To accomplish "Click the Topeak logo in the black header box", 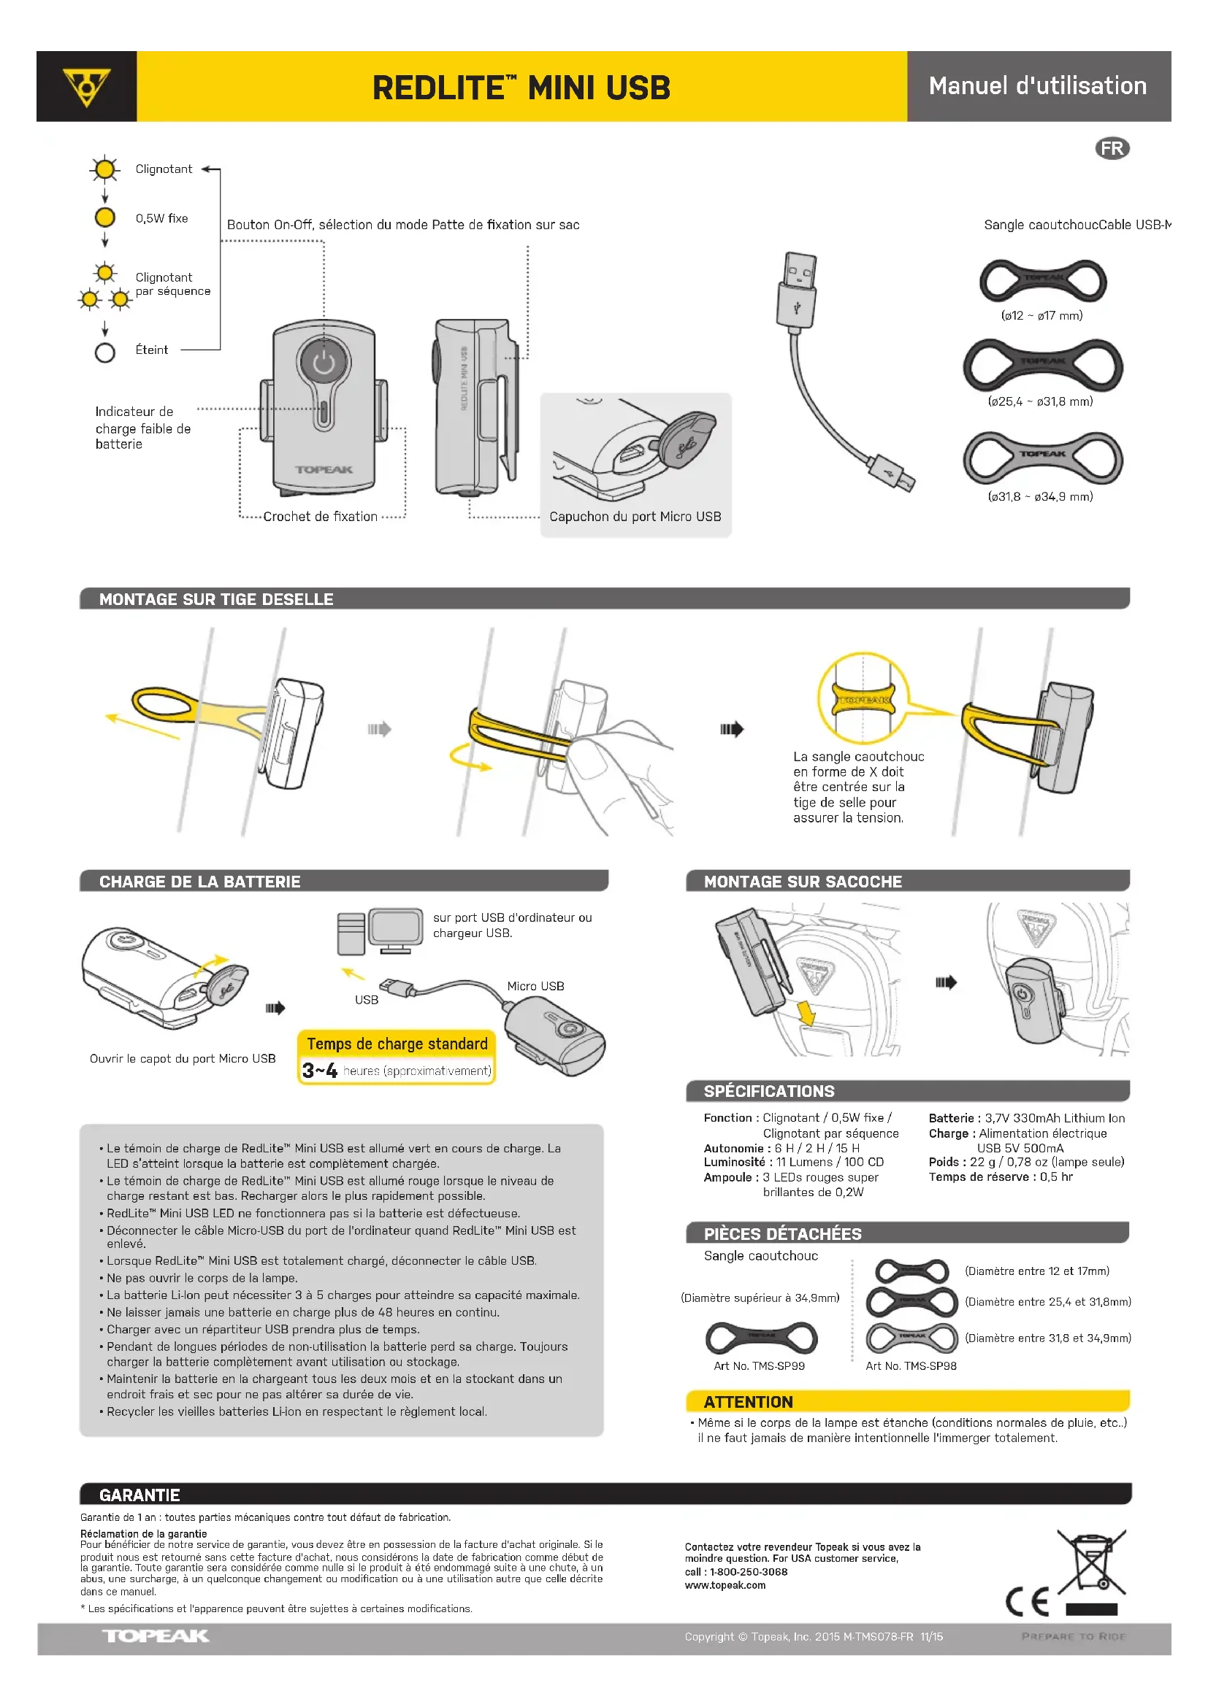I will coord(86,86).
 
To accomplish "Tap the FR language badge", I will coord(1112,148).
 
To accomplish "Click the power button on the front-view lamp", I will coord(324,363).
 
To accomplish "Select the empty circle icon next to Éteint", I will coord(105,352).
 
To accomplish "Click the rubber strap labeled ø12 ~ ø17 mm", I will coord(1043,280).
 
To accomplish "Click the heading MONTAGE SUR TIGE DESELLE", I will coord(215,599).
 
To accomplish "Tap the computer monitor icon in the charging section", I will coord(395,929).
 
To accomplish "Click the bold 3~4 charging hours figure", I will coord(320,1071).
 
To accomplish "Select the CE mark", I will coord(1028,1601).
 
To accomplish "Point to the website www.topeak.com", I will coord(725,1585).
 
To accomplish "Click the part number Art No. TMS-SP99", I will coord(759,1365).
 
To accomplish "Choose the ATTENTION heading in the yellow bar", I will coord(748,1402).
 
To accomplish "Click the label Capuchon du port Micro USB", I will coord(635,517).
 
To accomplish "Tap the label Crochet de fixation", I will coord(320,517).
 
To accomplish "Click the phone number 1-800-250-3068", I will coord(749,1572).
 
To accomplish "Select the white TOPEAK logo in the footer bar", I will coord(156,1635).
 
